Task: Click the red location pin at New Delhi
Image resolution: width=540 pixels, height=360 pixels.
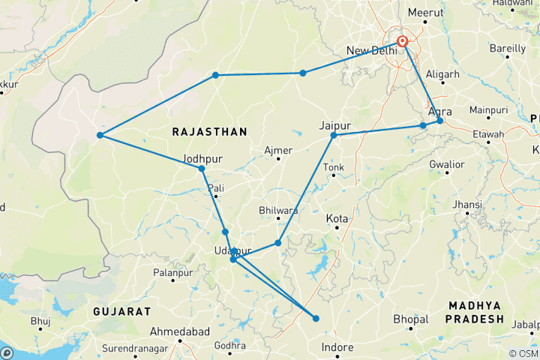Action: point(403,42)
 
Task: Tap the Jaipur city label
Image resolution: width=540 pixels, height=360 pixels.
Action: point(334,124)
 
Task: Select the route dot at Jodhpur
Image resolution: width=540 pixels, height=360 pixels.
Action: point(202,169)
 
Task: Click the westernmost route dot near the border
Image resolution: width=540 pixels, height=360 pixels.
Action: point(100,136)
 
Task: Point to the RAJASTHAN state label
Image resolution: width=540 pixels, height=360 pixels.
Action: point(209,132)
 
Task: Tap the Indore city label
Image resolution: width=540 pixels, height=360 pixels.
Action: point(336,347)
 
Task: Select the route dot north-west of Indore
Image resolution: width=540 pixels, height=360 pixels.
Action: point(316,319)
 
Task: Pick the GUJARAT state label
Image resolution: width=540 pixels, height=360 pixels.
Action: point(122,310)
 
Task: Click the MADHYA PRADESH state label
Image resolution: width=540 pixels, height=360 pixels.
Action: point(475,312)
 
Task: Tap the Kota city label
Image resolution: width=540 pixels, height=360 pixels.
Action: point(337,218)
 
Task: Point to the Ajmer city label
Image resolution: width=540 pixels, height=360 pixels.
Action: point(278,150)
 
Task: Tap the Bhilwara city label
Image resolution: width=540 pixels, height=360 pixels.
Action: point(278,211)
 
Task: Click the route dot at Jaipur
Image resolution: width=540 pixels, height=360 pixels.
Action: point(334,136)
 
